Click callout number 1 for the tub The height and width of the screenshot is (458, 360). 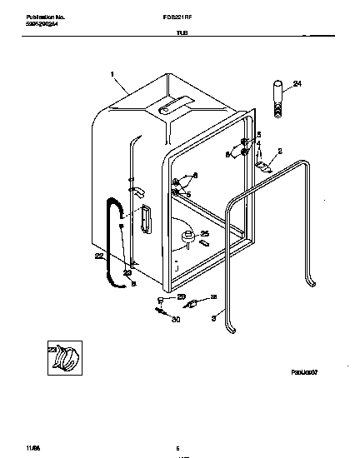(112, 75)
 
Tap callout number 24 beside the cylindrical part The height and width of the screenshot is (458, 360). (297, 82)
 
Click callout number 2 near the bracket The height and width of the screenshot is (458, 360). (280, 151)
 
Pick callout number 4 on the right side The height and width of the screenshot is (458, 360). (258, 144)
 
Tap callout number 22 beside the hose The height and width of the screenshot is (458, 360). (99, 256)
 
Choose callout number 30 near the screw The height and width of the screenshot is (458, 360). (176, 319)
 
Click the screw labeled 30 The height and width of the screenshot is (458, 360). (158, 311)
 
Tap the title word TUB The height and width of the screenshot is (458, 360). (178, 36)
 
